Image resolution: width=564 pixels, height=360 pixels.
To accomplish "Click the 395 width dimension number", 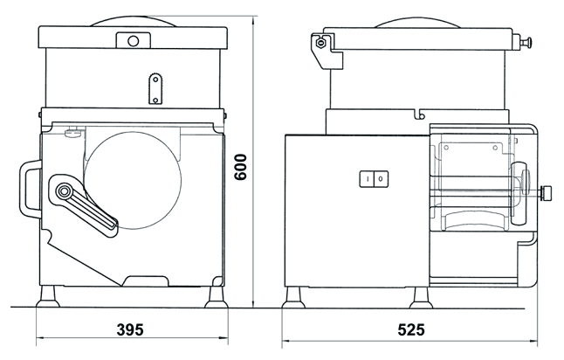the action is coord(130,329).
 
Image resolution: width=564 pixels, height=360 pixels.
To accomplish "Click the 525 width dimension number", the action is coord(411,329).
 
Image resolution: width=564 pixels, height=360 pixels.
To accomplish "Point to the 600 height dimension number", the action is coord(240,167).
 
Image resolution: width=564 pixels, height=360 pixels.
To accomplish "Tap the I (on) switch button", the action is coord(367,178).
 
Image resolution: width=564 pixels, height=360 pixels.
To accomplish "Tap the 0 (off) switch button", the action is coord(381,178).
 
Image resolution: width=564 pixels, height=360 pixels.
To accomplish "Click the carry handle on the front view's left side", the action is coord(30,189).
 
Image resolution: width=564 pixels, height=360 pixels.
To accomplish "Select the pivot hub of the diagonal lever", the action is coord(65,190).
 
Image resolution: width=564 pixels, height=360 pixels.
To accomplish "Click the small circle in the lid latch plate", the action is coord(133,41).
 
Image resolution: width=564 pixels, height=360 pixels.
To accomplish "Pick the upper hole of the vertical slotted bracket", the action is coord(155,80).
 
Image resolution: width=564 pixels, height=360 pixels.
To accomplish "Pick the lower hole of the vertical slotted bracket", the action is coord(155,100).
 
